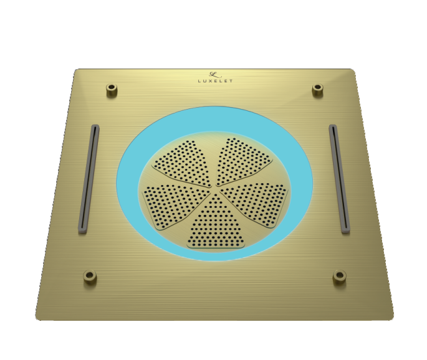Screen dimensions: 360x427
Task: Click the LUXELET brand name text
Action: click(215, 80)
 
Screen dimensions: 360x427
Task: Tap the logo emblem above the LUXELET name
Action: click(215, 73)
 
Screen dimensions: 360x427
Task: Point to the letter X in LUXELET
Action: click(211, 80)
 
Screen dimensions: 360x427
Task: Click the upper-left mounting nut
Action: click(112, 90)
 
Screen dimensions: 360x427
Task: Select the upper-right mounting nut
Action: click(317, 90)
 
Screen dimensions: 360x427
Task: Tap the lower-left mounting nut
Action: click(90, 277)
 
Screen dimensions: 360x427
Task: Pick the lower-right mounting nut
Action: click(340, 276)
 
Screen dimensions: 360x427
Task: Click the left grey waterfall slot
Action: click(88, 178)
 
